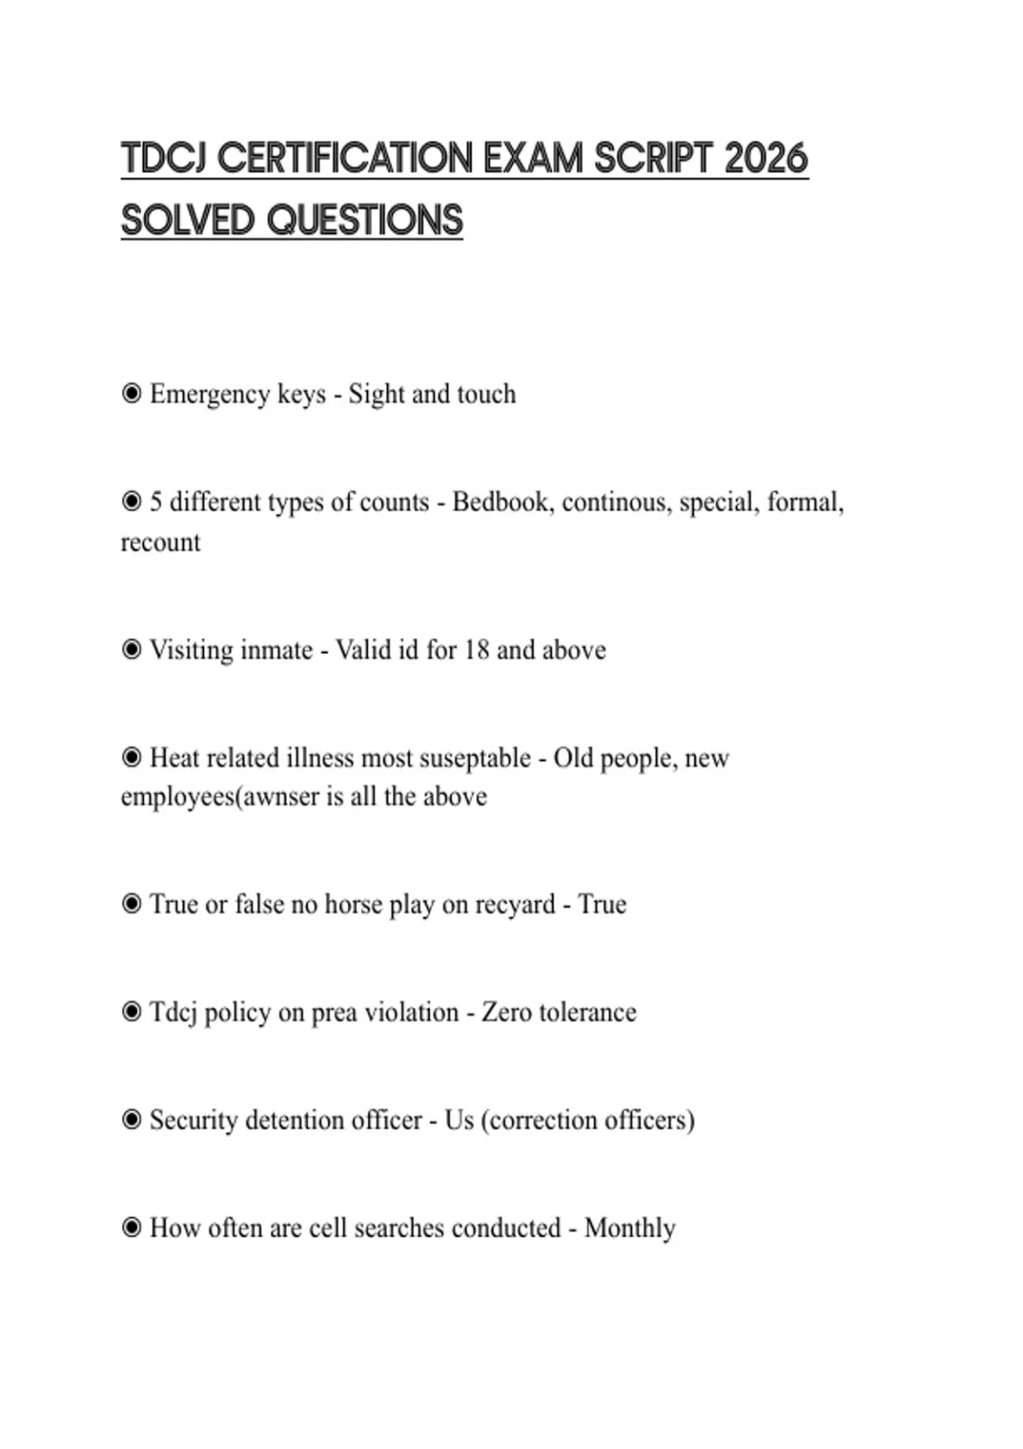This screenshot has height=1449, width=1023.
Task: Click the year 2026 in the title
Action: pos(766,159)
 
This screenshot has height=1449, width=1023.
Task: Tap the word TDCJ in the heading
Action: pos(165,159)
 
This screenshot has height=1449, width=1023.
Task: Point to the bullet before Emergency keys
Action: pos(131,394)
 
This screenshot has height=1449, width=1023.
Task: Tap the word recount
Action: pos(160,542)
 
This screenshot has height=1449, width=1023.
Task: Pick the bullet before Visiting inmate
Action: pos(131,650)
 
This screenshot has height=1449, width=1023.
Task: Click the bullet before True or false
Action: pos(131,904)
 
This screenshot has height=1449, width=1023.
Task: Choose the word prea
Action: pos(334,1013)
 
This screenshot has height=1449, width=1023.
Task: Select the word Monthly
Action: pos(630,1228)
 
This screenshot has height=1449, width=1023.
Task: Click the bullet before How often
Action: pos(131,1228)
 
